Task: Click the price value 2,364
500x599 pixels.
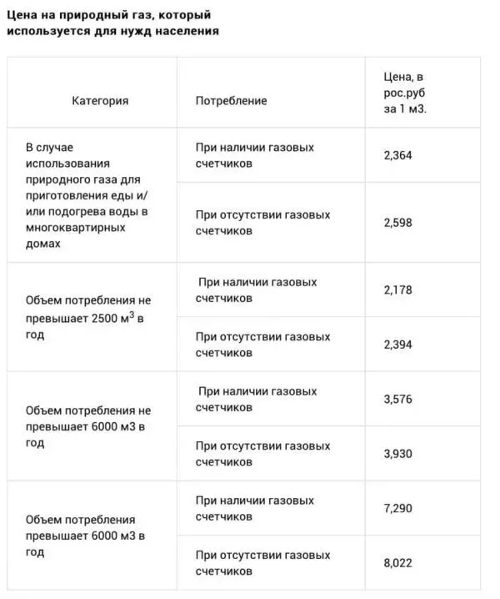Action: (x=398, y=155)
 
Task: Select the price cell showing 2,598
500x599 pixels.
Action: (x=398, y=223)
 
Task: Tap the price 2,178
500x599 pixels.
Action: (x=398, y=290)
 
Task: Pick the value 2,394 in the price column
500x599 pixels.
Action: (x=398, y=345)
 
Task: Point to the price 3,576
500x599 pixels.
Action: (x=398, y=400)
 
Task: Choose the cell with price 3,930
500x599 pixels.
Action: (x=398, y=454)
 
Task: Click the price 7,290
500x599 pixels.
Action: (x=398, y=508)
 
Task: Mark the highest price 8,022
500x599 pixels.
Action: (x=398, y=563)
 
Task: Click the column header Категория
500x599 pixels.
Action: (x=100, y=101)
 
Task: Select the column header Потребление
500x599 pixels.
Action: (x=232, y=101)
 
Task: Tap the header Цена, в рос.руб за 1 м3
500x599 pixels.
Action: (x=405, y=94)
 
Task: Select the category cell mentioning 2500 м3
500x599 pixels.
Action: (x=88, y=317)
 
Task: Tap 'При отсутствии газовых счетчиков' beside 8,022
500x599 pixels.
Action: (x=262, y=563)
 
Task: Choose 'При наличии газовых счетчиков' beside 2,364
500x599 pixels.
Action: (x=255, y=155)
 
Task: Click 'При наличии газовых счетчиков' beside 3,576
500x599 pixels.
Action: (x=257, y=400)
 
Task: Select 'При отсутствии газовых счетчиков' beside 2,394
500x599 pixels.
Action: (x=262, y=345)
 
